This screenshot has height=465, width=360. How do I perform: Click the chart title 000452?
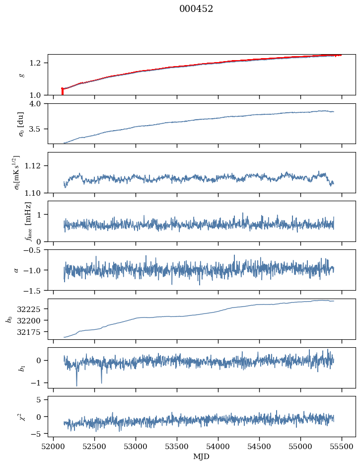(x=196, y=9)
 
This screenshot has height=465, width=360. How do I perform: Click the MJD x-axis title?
(x=201, y=457)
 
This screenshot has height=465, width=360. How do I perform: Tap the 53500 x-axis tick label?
(x=177, y=446)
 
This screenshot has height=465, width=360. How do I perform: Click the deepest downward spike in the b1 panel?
(x=76, y=385)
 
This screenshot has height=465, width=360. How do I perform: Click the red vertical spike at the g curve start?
(x=62, y=91)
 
